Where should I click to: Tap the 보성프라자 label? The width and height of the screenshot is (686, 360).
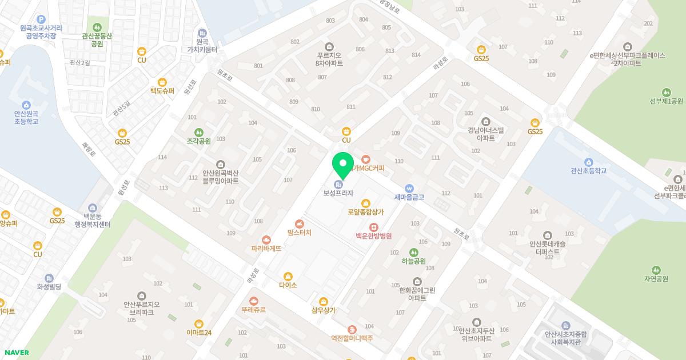point(338,193)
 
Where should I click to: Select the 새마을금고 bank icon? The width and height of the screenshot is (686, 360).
point(409,188)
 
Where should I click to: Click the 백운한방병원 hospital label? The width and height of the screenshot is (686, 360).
point(373,236)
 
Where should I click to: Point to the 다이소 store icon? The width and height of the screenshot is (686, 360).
point(288,277)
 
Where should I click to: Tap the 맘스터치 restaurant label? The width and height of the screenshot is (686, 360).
point(299,233)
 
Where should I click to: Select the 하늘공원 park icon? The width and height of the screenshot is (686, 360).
point(414,252)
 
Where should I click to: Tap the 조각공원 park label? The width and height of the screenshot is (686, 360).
point(198,141)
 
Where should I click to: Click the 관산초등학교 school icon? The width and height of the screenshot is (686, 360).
point(588,162)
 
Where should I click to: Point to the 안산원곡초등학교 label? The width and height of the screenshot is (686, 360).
point(26,118)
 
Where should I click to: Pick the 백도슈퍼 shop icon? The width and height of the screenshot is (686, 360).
point(162,82)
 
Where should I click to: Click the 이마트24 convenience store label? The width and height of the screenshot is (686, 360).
point(199,333)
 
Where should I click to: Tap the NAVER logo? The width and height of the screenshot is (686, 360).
point(16,353)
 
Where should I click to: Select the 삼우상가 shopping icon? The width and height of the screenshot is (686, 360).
point(324,301)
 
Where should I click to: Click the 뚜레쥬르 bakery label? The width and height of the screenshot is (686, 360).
point(254,310)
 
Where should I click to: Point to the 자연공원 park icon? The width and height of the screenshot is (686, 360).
point(656,270)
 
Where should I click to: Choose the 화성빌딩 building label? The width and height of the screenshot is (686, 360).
point(49,287)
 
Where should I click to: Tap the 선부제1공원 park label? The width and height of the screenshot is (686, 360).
point(666,102)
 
